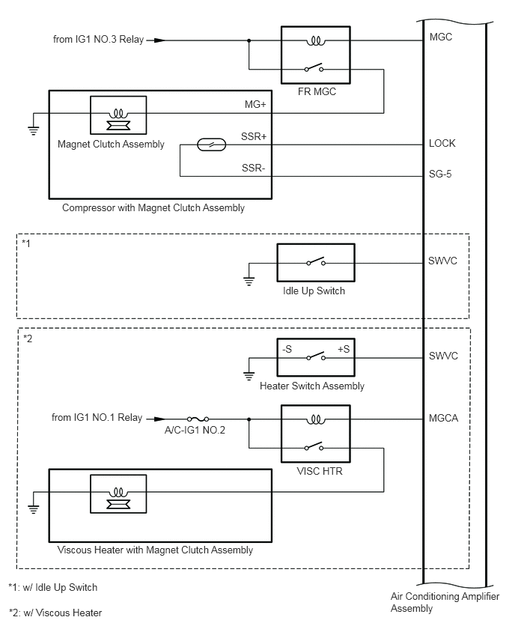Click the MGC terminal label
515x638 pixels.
tap(441, 37)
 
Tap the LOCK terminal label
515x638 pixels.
tap(442, 143)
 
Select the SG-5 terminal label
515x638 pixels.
tap(440, 174)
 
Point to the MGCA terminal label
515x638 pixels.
tap(443, 419)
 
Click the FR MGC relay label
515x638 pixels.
tap(317, 91)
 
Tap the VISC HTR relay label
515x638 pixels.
tap(320, 471)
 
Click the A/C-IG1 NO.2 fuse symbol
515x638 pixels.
tap(198, 419)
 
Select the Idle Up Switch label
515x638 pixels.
tap(314, 291)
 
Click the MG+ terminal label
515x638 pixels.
tap(255, 105)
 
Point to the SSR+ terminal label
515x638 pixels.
tap(254, 136)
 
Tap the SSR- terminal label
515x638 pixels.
tap(254, 168)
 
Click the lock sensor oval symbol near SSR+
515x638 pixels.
tap(212, 145)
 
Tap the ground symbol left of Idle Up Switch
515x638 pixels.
tap(249, 280)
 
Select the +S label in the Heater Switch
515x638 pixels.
tap(344, 349)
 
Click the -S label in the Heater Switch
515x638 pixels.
tap(287, 349)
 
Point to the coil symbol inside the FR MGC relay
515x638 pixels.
tap(316, 40)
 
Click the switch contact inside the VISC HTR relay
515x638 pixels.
tap(314, 446)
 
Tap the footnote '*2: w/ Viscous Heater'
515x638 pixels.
tap(55, 613)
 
